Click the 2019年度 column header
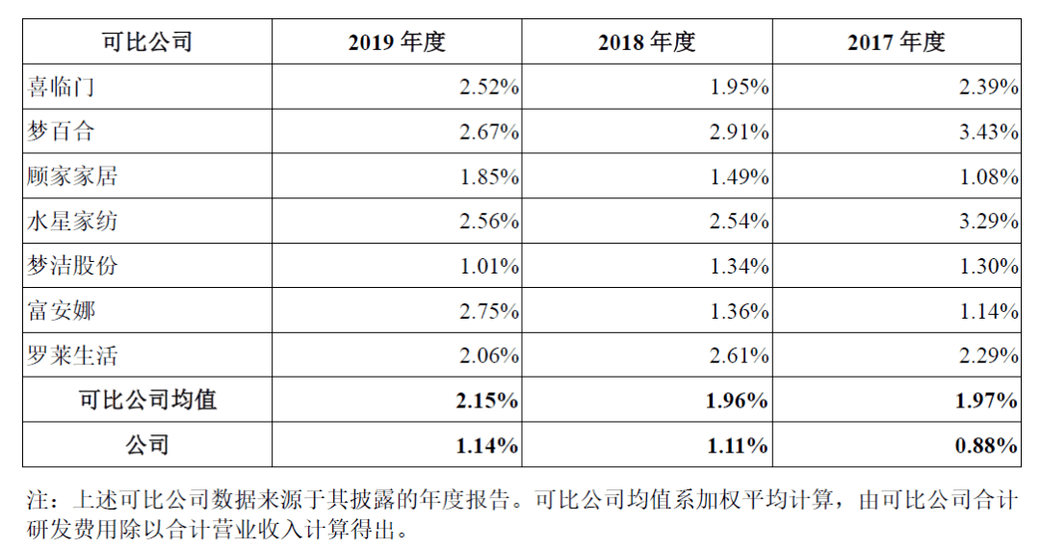click(x=397, y=42)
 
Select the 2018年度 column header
click(x=646, y=42)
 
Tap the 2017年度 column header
click(x=897, y=42)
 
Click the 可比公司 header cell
click(x=147, y=42)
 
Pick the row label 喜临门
click(x=62, y=88)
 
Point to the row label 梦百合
click(x=62, y=132)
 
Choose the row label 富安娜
click(x=62, y=311)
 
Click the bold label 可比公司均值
click(x=147, y=400)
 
